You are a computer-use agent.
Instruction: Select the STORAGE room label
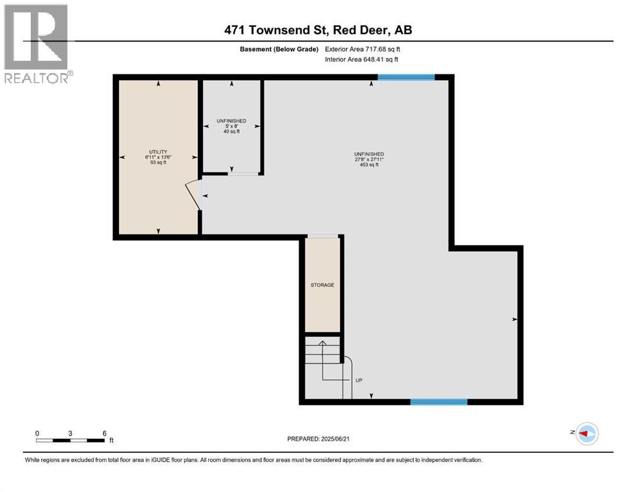tap(322, 285)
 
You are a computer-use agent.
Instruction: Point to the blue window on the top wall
tap(406, 78)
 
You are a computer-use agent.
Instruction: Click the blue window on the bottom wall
tap(439, 402)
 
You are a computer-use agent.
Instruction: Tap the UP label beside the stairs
tap(359, 381)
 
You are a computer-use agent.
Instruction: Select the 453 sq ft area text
tap(369, 165)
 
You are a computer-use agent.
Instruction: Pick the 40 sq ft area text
tap(231, 131)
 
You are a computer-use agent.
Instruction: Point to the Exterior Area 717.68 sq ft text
tap(363, 49)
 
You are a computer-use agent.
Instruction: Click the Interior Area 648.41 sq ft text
tap(362, 59)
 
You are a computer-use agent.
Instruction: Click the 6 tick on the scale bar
tap(104, 432)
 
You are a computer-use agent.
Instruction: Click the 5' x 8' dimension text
tap(231, 126)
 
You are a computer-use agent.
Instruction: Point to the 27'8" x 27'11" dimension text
tap(369, 160)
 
